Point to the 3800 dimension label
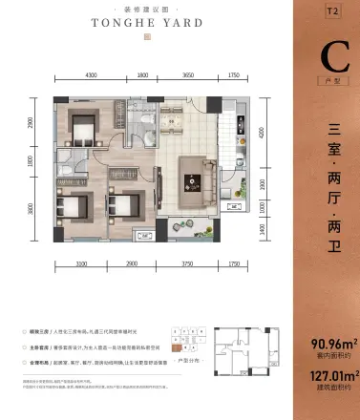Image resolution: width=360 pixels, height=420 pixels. (x=32, y=209)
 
